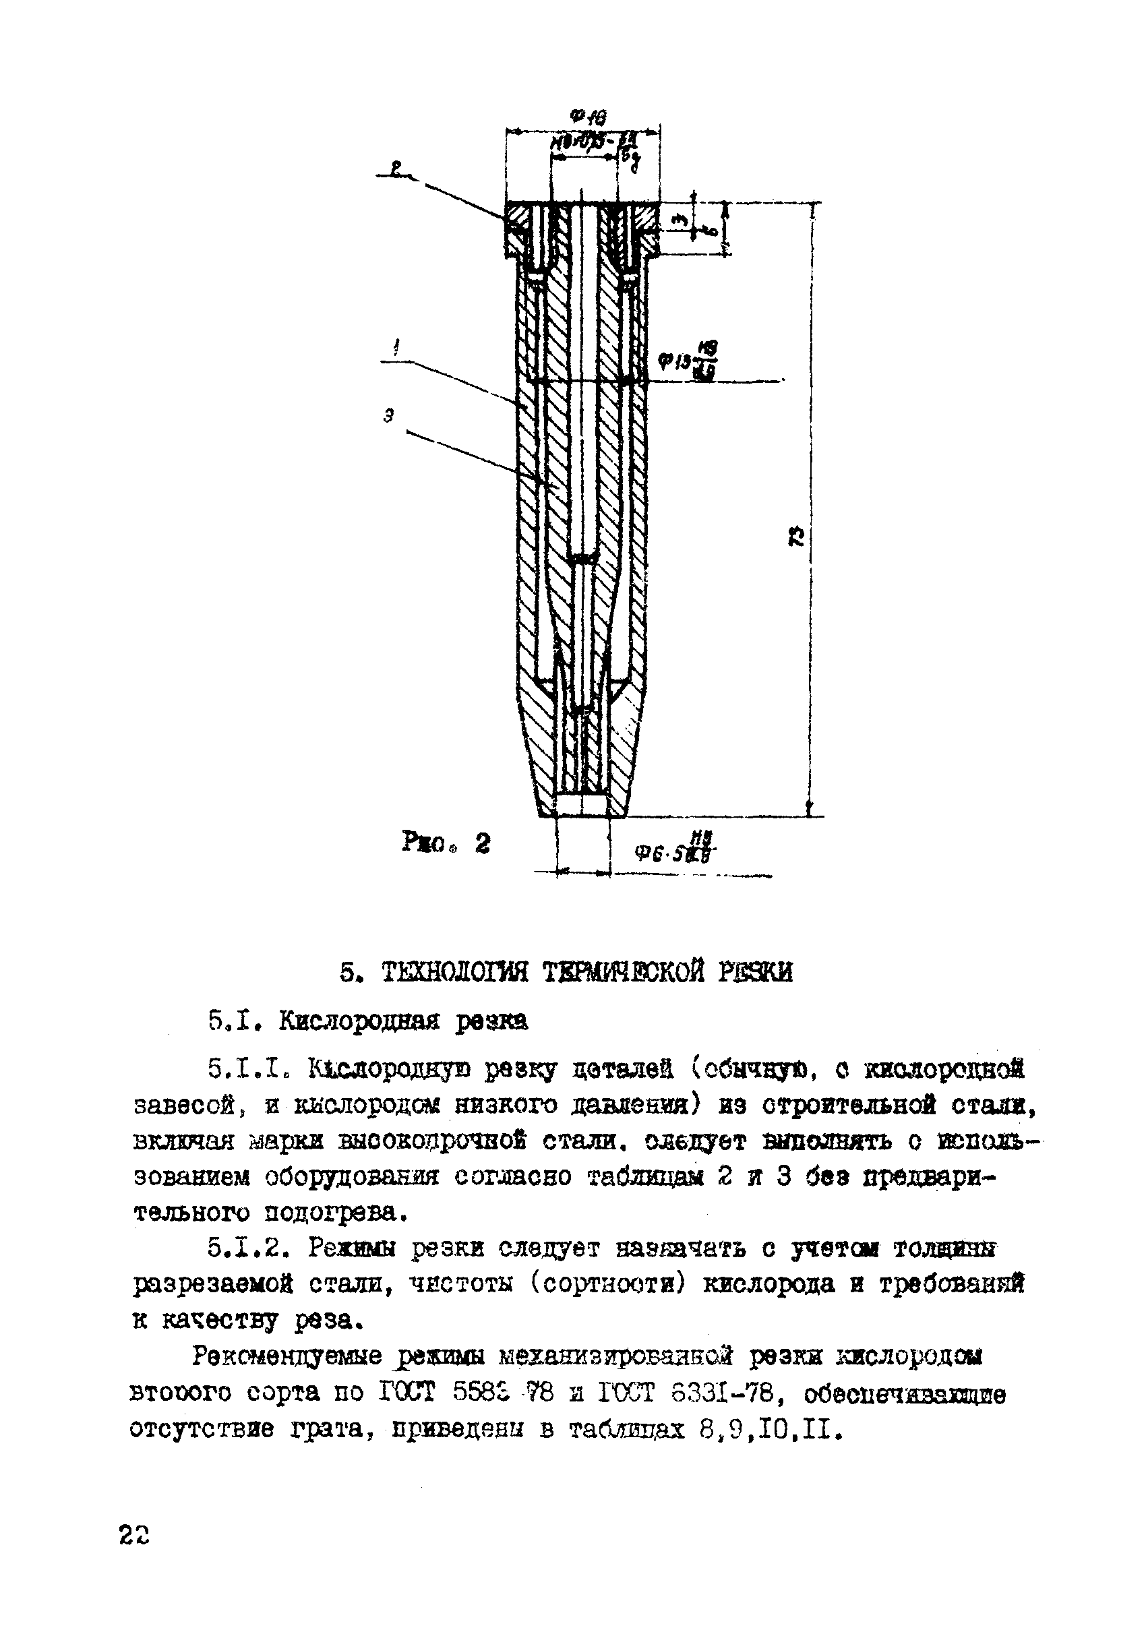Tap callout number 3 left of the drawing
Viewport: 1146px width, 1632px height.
(388, 417)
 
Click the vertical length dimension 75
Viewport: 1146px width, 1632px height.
(796, 536)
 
